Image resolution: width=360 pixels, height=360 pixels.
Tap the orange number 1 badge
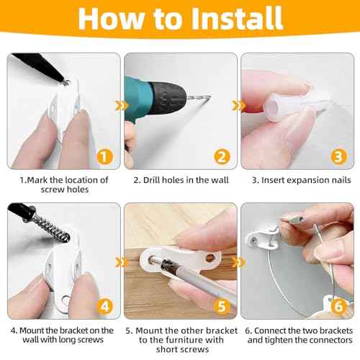click(x=104, y=157)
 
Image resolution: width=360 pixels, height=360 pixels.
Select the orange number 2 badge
click(x=222, y=157)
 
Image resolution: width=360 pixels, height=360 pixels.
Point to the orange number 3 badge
click(x=338, y=157)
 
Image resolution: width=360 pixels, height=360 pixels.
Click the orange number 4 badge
click(x=104, y=307)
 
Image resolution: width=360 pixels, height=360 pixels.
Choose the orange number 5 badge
click(x=222, y=307)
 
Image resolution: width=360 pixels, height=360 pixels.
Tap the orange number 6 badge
click(x=338, y=307)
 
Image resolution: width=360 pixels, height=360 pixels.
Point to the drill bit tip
click(x=210, y=96)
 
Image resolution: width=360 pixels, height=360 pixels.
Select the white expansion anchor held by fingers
click(x=288, y=107)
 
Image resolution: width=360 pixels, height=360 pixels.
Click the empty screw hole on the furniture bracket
click(x=210, y=258)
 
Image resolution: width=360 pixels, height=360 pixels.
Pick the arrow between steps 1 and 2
click(x=122, y=106)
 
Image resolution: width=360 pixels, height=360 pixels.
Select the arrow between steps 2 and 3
click(x=239, y=106)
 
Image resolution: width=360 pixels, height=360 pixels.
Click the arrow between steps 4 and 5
click(x=122, y=262)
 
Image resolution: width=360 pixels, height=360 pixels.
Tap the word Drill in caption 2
click(x=151, y=180)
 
